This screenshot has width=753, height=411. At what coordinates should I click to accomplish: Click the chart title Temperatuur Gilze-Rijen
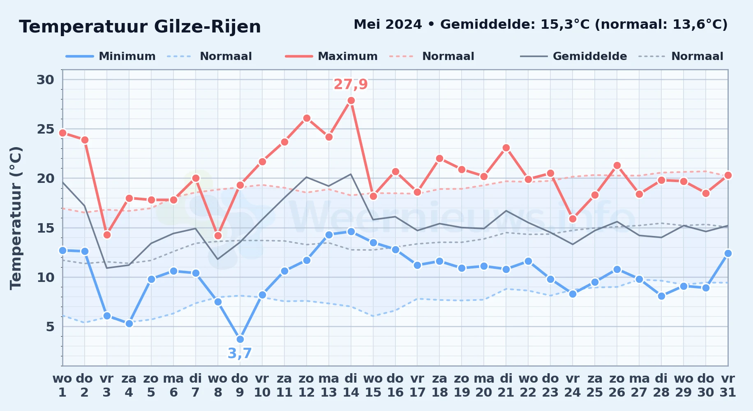coord(140,27)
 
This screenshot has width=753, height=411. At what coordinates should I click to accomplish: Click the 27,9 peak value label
coord(351,84)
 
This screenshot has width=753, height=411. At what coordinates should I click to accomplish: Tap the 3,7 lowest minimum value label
coord(240,353)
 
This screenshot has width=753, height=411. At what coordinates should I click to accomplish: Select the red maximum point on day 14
coord(351,100)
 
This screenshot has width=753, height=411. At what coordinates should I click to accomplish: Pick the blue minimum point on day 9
coord(240,339)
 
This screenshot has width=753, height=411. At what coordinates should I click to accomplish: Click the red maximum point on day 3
coord(107,235)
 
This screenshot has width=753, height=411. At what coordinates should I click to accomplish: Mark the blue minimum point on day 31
coord(728,253)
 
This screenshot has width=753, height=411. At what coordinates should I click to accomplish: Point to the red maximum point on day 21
coord(506,148)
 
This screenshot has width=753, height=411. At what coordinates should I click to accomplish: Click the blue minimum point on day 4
coord(129,323)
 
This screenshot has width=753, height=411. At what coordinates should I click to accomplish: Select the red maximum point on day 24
coord(573,219)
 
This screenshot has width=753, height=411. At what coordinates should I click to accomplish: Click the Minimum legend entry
coord(111,56)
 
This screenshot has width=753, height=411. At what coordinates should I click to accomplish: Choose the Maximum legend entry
coord(331,56)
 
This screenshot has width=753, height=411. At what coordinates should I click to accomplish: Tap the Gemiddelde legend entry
coord(574,56)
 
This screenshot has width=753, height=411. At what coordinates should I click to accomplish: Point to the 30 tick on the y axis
coord(46,80)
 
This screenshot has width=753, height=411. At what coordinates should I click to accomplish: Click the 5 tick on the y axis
coord(50,327)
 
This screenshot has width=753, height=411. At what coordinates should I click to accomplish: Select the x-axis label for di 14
coord(351,386)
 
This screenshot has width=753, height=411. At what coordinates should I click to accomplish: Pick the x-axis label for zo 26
coord(617,386)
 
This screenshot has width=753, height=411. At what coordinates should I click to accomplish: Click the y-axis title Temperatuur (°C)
coord(16,218)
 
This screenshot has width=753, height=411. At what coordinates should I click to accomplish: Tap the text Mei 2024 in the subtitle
coord(388,25)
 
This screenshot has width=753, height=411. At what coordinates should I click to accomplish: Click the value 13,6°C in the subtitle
coord(695,25)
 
